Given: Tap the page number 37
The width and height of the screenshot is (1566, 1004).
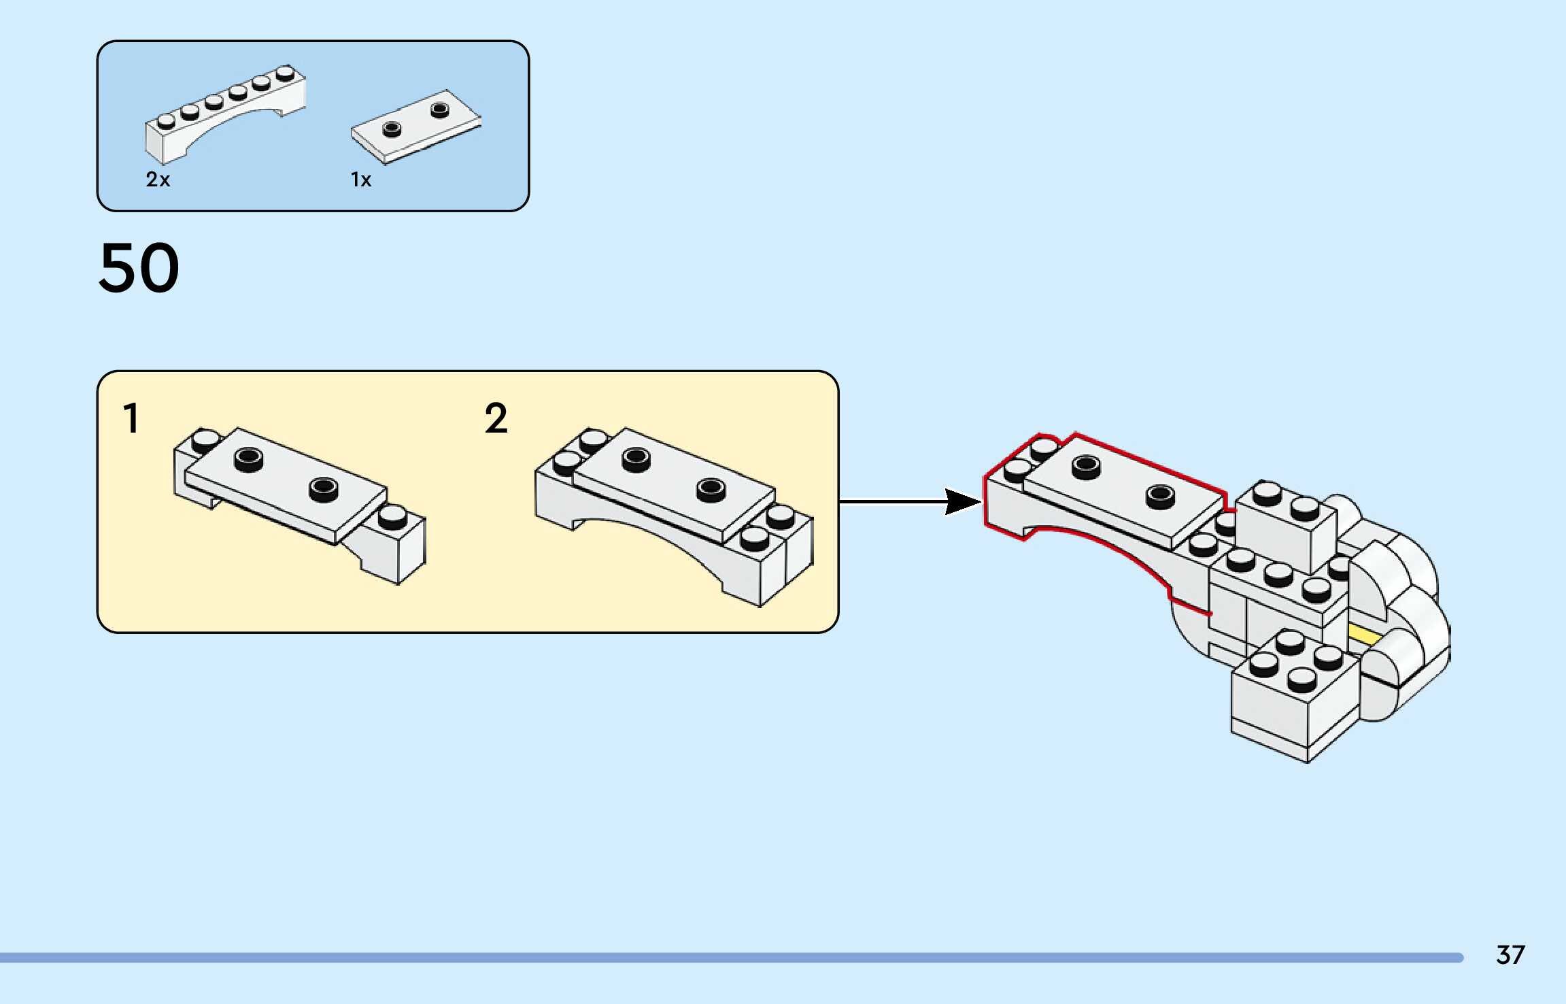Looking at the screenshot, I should (x=1510, y=955).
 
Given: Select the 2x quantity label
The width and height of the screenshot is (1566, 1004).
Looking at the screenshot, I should (x=158, y=180).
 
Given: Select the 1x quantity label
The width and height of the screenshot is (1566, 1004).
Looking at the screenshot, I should (x=361, y=180).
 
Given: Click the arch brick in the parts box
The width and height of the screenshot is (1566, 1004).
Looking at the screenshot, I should (x=224, y=116).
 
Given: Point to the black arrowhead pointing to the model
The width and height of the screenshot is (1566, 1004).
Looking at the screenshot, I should (x=961, y=502).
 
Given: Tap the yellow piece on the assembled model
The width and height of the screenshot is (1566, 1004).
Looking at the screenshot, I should (x=1364, y=636).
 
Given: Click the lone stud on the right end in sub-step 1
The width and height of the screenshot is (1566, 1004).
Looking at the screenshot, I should (x=392, y=517).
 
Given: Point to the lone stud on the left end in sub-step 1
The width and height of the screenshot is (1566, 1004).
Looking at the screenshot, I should (x=205, y=441).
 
